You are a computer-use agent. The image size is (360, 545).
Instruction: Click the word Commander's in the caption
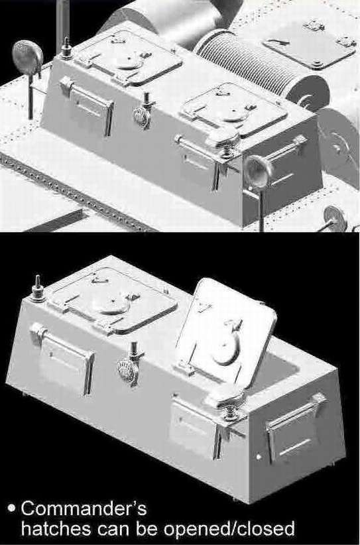84,509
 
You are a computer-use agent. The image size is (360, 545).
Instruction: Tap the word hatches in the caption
56,529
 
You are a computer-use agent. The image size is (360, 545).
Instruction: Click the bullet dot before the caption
12,508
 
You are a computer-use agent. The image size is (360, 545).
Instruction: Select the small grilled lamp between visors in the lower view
128,371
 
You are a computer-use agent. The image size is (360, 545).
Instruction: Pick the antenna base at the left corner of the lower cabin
38,289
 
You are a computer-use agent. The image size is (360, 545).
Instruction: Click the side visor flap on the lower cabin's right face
296,426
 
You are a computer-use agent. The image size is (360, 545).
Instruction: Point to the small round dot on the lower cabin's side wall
259,457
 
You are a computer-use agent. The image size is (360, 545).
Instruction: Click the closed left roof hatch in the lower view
113,300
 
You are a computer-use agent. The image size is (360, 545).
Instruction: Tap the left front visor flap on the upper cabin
87,104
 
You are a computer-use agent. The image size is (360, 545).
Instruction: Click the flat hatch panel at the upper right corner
309,44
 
